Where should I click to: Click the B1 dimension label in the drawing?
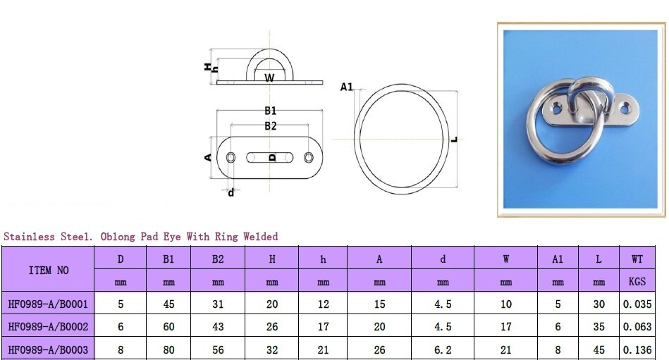tap(270, 111)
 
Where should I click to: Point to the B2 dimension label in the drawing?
tap(270, 125)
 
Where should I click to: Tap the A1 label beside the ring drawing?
tap(346, 87)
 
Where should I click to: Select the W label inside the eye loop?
tap(269, 77)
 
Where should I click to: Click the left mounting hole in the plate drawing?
tap(231, 157)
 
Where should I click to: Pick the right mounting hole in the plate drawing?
tap(310, 157)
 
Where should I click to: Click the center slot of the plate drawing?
tap(271, 157)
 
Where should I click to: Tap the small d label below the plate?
tap(231, 192)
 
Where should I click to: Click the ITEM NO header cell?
tap(49, 270)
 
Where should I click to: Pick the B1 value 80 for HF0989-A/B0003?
tap(168, 349)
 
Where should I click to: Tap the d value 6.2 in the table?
tap(443, 349)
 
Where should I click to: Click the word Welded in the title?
tap(260, 237)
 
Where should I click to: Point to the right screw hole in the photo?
tap(625, 107)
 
